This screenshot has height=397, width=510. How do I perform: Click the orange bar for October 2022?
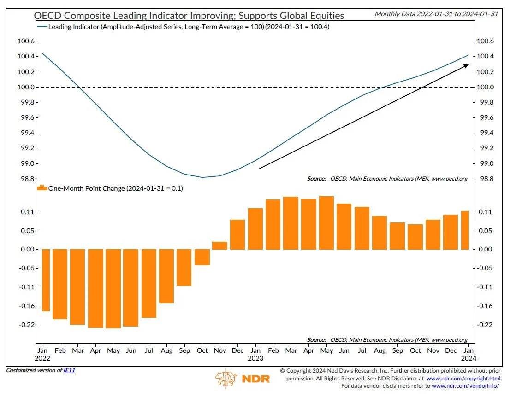(202, 257)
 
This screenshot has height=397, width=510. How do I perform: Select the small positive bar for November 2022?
(220, 245)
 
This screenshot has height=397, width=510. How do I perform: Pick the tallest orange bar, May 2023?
(326, 223)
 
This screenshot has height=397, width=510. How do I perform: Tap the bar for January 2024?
(465, 230)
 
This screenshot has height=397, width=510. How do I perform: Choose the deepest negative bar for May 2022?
(113, 289)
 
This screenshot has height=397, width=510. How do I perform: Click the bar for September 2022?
(184, 268)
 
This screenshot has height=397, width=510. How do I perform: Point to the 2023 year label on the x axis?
(255, 358)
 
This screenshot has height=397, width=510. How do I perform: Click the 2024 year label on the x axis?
(468, 358)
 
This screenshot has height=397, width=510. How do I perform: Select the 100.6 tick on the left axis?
(27, 41)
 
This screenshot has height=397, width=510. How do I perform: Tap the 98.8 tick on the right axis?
(485, 179)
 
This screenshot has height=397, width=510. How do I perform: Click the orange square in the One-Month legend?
(42, 188)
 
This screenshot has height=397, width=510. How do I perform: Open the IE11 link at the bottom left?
(69, 370)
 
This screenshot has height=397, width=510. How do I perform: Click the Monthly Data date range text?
(436, 14)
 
